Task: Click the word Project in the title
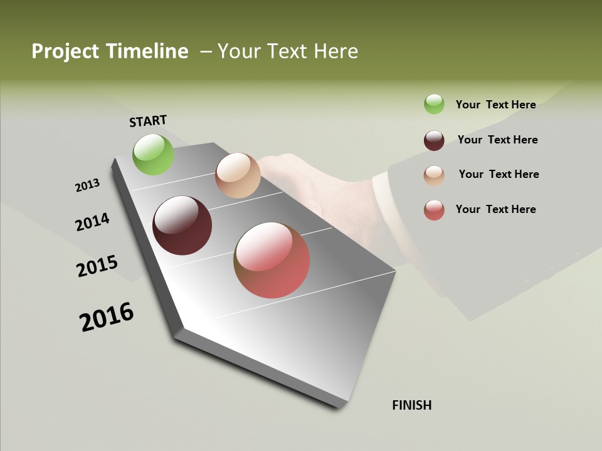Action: pyautogui.click(x=66, y=51)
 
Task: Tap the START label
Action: pyautogui.click(x=148, y=121)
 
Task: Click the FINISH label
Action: pyautogui.click(x=411, y=405)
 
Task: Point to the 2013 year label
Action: pyautogui.click(x=87, y=185)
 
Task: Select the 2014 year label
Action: pyautogui.click(x=92, y=222)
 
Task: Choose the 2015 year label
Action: pyautogui.click(x=97, y=266)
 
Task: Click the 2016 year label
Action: pyautogui.click(x=107, y=317)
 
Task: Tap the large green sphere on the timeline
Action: pyautogui.click(x=153, y=154)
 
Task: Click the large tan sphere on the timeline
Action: pyautogui.click(x=238, y=175)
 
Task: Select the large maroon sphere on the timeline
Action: pyautogui.click(x=182, y=225)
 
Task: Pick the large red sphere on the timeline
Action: pyautogui.click(x=272, y=260)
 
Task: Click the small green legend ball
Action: pyautogui.click(x=434, y=104)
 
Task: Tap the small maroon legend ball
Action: pyautogui.click(x=434, y=140)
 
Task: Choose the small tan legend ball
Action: pyautogui.click(x=434, y=175)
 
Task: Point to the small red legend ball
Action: pyautogui.click(x=434, y=210)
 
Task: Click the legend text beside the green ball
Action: pyautogui.click(x=495, y=105)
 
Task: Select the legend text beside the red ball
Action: pyautogui.click(x=495, y=209)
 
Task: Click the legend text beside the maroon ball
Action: pyautogui.click(x=497, y=140)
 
